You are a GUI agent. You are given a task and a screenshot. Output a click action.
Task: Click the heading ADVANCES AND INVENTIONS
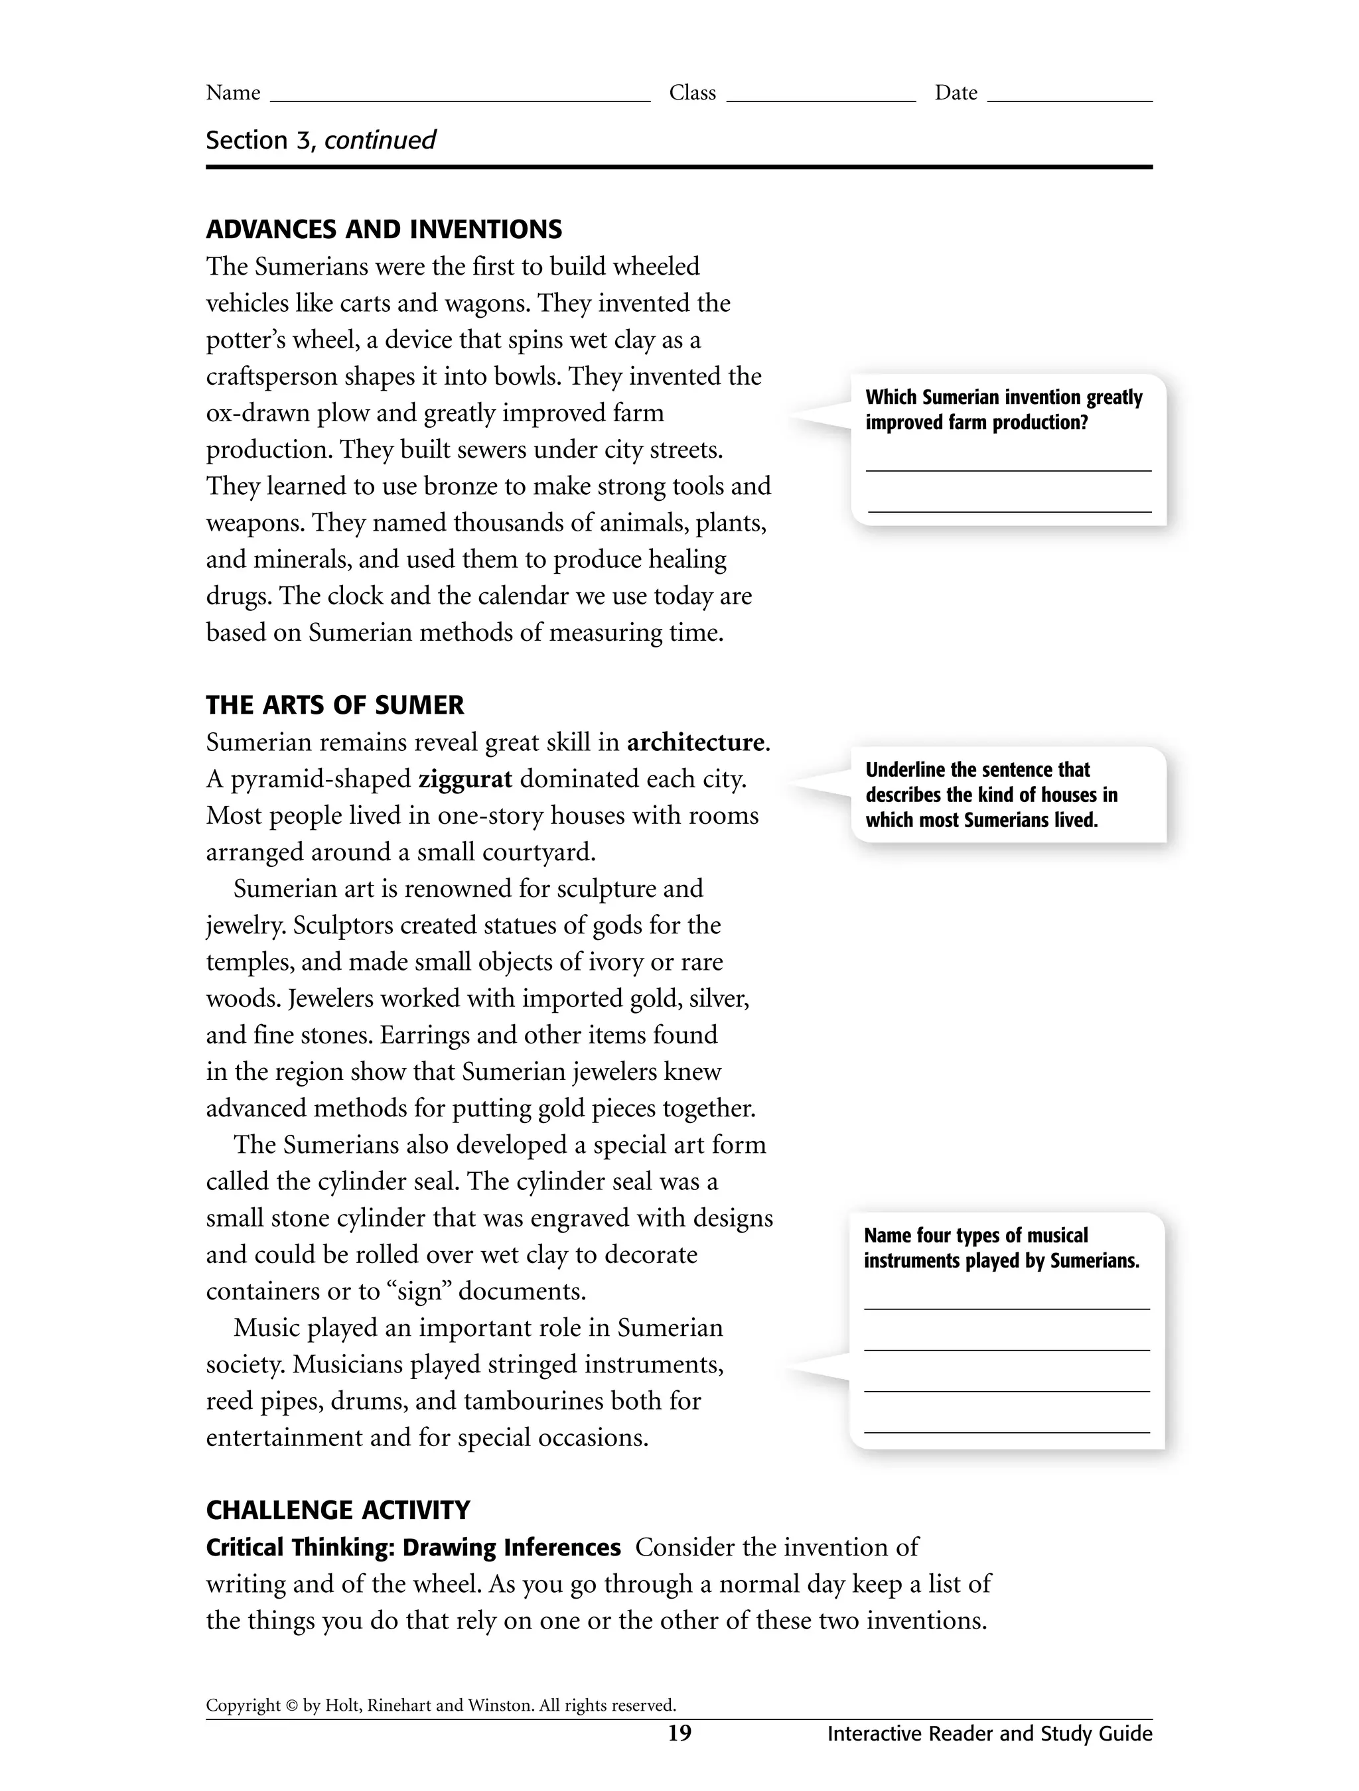pyautogui.click(x=384, y=230)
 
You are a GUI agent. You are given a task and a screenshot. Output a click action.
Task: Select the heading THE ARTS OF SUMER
pyautogui.click(x=335, y=705)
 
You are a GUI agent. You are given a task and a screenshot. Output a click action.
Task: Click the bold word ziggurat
pyautogui.click(x=465, y=779)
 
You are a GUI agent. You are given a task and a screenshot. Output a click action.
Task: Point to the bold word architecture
pyautogui.click(x=695, y=742)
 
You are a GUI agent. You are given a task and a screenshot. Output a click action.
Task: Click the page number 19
pyautogui.click(x=679, y=1733)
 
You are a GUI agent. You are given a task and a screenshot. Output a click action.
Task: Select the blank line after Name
pyautogui.click(x=459, y=96)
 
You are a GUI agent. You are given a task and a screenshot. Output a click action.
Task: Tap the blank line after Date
pyautogui.click(x=1069, y=96)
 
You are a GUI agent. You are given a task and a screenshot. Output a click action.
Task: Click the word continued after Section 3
pyautogui.click(x=380, y=140)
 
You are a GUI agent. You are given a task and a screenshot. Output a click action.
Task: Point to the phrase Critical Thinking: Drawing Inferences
pyautogui.click(x=413, y=1548)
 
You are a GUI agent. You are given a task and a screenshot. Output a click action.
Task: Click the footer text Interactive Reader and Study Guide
pyautogui.click(x=989, y=1733)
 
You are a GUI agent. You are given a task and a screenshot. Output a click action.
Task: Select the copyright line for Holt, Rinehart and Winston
pyautogui.click(x=441, y=1706)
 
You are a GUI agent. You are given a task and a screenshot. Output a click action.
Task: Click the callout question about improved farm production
pyautogui.click(x=1003, y=410)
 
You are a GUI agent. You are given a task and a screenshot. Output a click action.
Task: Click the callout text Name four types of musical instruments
pyautogui.click(x=1001, y=1248)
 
